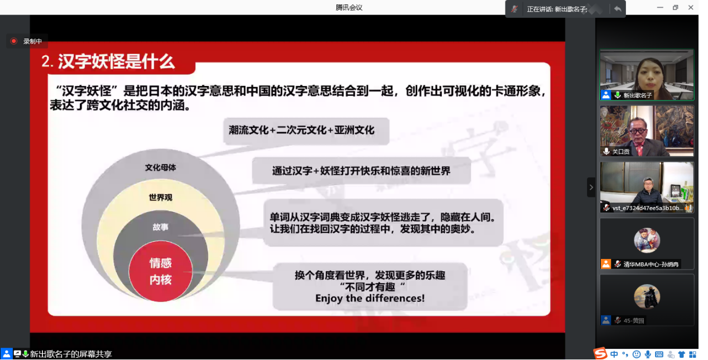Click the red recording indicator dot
[13, 41]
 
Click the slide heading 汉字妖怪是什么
[116, 61]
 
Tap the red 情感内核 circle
[161, 271]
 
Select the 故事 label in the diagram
[161, 227]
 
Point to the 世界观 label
[161, 198]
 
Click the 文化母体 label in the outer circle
[161, 167]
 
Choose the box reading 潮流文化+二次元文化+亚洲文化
[306, 131]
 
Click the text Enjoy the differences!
[370, 298]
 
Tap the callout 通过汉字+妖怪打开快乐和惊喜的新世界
[362, 171]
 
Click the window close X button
[691, 8]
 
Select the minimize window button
[660, 8]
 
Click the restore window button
[676, 8]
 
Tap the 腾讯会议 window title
[349, 8]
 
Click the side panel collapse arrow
[591, 188]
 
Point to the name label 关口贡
[621, 152]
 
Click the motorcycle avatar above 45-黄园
[647, 296]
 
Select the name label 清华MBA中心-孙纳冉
[651, 264]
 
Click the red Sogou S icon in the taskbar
[600, 353]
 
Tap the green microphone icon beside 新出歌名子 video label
[617, 95]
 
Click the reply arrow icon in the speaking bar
[618, 9]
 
